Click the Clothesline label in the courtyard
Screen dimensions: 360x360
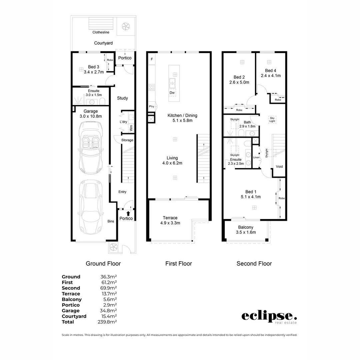(x=101, y=32)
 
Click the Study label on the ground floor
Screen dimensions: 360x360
(x=122, y=98)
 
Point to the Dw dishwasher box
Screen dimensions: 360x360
(x=172, y=93)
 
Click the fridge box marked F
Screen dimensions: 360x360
(x=152, y=59)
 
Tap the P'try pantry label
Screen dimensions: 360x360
(x=151, y=107)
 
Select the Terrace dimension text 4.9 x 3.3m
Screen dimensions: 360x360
(x=170, y=223)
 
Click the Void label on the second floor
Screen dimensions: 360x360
(x=279, y=166)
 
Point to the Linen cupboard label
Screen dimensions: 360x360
(x=256, y=157)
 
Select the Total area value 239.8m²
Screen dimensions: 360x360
(x=108, y=322)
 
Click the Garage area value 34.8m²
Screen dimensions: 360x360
(x=108, y=311)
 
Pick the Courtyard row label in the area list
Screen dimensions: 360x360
(x=74, y=316)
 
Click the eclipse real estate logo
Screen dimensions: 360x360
(x=269, y=317)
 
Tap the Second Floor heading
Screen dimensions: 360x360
(x=254, y=264)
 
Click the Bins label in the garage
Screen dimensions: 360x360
(x=111, y=221)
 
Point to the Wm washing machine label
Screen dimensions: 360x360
(x=131, y=127)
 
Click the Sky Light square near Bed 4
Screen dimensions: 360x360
(x=272, y=119)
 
